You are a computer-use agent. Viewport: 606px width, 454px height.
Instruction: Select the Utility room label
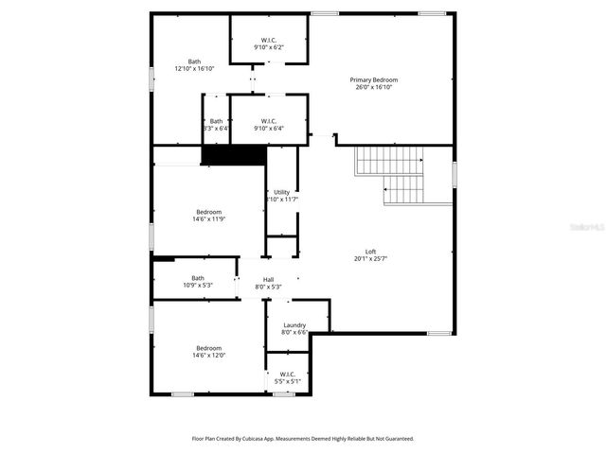[x=282, y=192]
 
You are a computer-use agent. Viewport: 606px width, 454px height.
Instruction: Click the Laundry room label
[x=294, y=325]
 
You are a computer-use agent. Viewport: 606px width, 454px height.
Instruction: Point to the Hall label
[x=268, y=279]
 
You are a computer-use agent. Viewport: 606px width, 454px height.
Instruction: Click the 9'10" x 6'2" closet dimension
[x=268, y=47]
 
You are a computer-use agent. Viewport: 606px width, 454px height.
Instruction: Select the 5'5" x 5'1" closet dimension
[x=287, y=381]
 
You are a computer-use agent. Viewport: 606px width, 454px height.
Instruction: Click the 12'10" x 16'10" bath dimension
[x=194, y=68]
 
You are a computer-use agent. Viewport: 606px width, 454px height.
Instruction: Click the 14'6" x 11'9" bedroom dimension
[x=208, y=218]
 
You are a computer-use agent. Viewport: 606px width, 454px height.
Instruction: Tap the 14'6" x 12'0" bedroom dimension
[x=208, y=355]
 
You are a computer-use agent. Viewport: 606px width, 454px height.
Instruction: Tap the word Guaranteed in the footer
[x=396, y=439]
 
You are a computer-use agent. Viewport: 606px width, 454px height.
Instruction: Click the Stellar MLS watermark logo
[x=578, y=228]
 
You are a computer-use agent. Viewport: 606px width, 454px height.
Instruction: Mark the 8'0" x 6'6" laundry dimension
[x=294, y=333]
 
